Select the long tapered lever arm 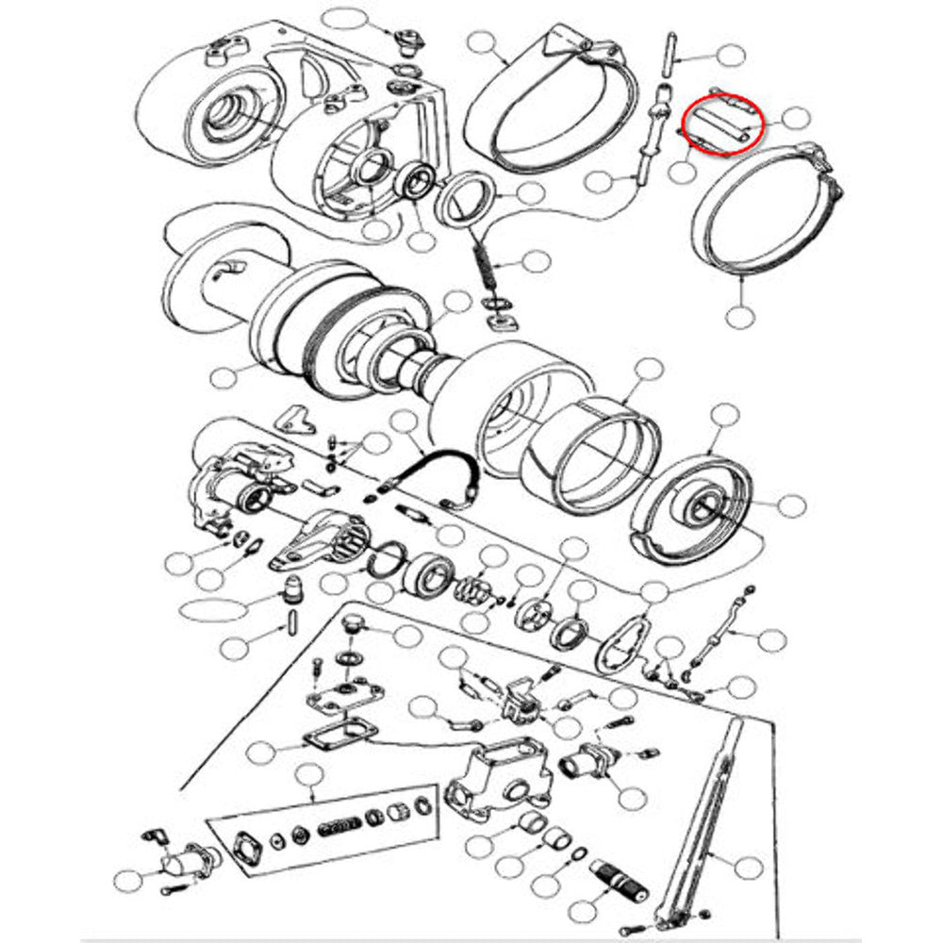click(708, 830)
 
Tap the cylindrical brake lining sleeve click(595, 443)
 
